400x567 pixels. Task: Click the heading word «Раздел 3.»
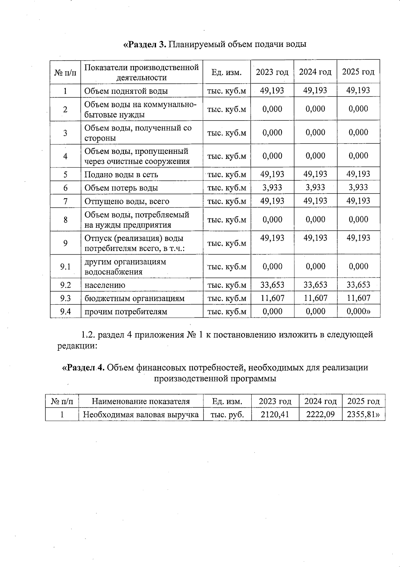click(x=145, y=44)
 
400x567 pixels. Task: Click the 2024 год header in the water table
click(x=315, y=72)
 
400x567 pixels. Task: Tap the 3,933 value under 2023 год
click(x=272, y=188)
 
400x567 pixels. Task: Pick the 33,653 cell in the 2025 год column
click(x=358, y=285)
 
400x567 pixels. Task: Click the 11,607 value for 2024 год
click(x=315, y=298)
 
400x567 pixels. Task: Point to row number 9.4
click(x=65, y=311)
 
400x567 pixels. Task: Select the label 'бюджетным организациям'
click(x=134, y=298)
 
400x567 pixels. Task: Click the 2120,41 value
click(x=275, y=414)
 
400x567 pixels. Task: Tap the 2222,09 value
click(x=320, y=414)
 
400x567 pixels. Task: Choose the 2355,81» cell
click(x=363, y=414)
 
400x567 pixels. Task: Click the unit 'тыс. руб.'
click(x=227, y=414)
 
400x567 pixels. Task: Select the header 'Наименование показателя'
click(x=141, y=401)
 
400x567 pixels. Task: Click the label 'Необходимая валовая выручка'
click(x=141, y=414)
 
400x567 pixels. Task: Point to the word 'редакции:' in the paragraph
click(x=77, y=346)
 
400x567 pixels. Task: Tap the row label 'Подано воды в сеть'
click(x=121, y=175)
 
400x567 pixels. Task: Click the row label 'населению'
click(x=105, y=285)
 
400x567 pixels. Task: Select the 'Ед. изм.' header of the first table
click(x=226, y=72)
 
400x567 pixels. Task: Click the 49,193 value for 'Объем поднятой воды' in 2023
click(x=272, y=90)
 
